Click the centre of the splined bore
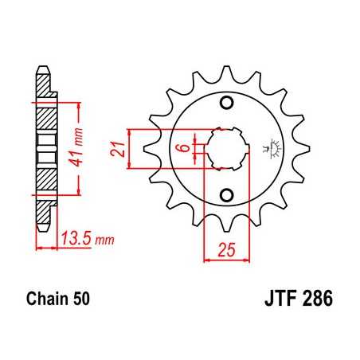(x=225, y=149)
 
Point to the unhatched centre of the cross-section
(x=45, y=148)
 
